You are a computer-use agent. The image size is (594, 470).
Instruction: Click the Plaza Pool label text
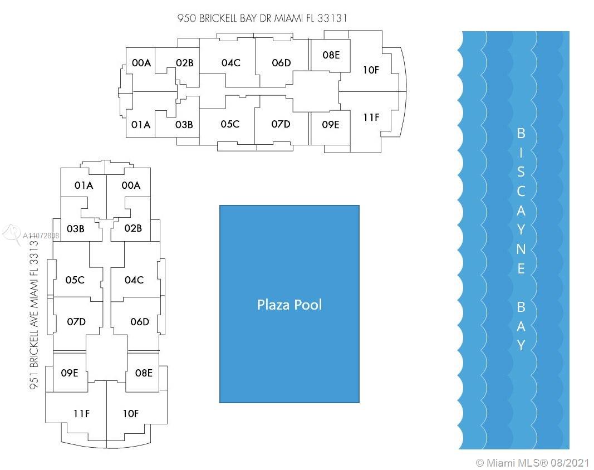[289, 305]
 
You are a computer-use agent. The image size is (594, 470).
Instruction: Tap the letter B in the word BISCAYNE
[521, 134]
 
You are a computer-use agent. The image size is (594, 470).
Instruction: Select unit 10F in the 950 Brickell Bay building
[371, 70]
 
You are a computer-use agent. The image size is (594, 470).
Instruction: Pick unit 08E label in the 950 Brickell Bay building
[331, 55]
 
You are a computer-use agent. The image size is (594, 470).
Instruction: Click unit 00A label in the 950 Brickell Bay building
[141, 63]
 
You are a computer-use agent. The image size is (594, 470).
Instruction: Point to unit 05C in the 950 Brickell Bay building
[230, 124]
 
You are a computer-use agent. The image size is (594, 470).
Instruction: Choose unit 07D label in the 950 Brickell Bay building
[281, 124]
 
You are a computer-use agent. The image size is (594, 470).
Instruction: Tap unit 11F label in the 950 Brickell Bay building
[371, 117]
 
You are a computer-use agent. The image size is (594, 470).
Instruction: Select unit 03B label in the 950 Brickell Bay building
[184, 124]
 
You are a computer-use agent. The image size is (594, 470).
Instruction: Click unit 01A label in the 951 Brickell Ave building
[84, 185]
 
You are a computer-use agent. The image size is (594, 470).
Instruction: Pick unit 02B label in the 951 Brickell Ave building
[133, 228]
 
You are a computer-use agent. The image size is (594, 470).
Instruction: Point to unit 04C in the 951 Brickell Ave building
[134, 280]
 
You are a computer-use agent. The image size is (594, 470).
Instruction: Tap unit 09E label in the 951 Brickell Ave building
[70, 373]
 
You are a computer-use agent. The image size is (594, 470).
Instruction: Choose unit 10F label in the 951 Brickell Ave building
[131, 414]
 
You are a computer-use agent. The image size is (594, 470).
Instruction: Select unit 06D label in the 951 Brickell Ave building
[140, 322]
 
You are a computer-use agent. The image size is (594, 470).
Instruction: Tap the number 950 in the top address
[186, 18]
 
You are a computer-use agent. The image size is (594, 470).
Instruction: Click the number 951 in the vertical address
[34, 380]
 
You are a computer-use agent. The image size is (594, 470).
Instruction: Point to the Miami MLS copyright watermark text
[532, 463]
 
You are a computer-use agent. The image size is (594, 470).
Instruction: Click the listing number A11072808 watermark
[41, 236]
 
